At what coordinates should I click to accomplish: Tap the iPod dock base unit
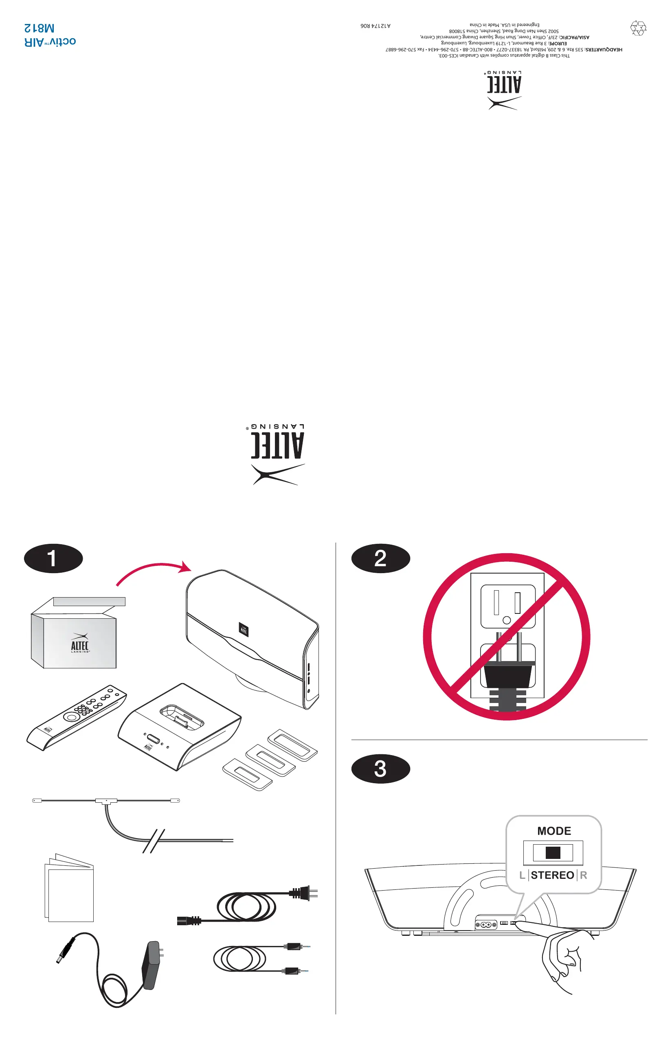[x=179, y=727]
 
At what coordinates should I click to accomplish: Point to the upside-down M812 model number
[x=39, y=28]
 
